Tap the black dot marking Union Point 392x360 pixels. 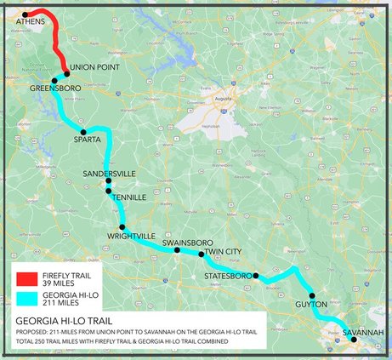[66, 73]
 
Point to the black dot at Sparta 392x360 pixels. [83, 132]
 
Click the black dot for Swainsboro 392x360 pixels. [177, 250]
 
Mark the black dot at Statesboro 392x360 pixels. [255, 276]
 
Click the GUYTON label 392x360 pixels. [313, 304]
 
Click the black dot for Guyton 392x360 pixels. [312, 295]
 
